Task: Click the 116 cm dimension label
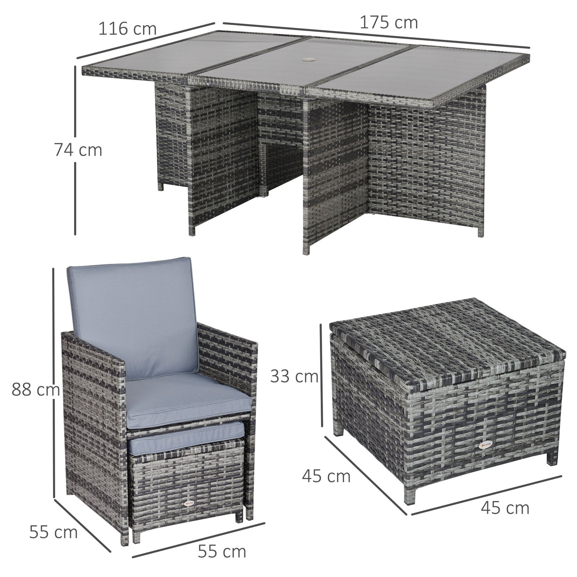coord(127,29)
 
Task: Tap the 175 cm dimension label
coord(389,23)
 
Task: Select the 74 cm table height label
coord(78,150)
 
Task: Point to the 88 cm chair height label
coord(35,389)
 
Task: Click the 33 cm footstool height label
coord(294,376)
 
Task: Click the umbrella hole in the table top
coord(309,60)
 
